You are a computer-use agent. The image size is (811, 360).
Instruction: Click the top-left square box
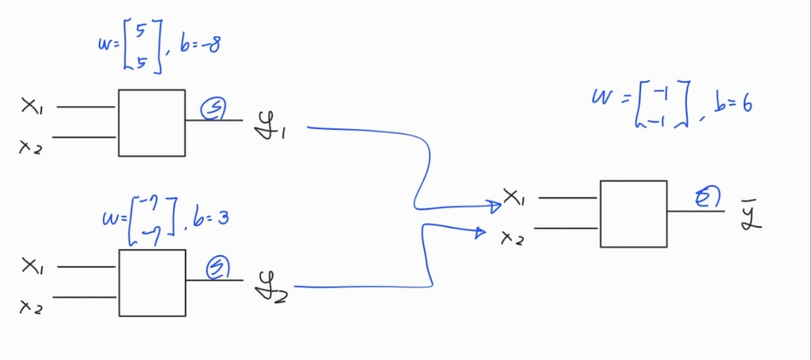tap(151, 123)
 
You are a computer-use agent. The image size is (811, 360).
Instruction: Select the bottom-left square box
tap(152, 282)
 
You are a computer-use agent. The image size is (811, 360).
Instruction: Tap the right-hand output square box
tap(633, 213)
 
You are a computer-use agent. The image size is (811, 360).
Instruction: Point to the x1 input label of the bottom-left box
tap(32, 266)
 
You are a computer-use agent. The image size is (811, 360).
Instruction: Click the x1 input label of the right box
tap(514, 196)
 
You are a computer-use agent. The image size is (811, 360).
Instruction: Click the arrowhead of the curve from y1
tap(497, 206)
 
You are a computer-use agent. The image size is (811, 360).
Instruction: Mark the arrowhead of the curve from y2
tap(480, 231)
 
